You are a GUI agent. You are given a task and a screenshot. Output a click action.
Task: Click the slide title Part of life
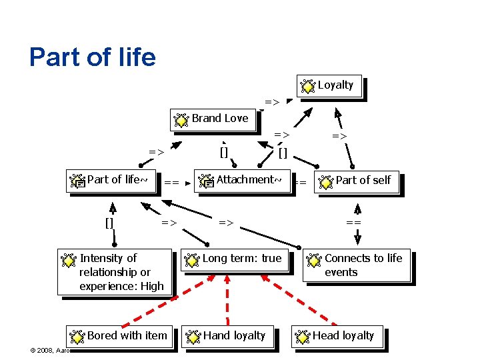tap(93, 57)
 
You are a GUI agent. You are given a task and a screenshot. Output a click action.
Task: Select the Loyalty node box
tap(330, 86)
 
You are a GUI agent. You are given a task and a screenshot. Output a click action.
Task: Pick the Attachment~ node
tap(243, 180)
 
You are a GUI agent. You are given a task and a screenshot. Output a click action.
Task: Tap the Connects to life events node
tap(357, 265)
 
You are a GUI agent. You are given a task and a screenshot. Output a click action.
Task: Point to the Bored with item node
tap(120, 336)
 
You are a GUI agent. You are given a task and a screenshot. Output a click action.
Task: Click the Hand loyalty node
tap(227, 336)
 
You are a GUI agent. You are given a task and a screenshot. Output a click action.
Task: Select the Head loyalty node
tap(337, 336)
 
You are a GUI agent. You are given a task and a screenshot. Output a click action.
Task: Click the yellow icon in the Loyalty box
tap(308, 86)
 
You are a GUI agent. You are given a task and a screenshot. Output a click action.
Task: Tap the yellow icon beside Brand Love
tap(181, 121)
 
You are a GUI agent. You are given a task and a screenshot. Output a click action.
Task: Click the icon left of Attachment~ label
tap(206, 182)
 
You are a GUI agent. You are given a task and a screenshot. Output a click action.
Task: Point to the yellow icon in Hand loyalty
tap(193, 337)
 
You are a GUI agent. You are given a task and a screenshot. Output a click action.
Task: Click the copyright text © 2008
tap(50, 350)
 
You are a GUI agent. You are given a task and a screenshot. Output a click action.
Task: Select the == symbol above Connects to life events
tap(353, 222)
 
